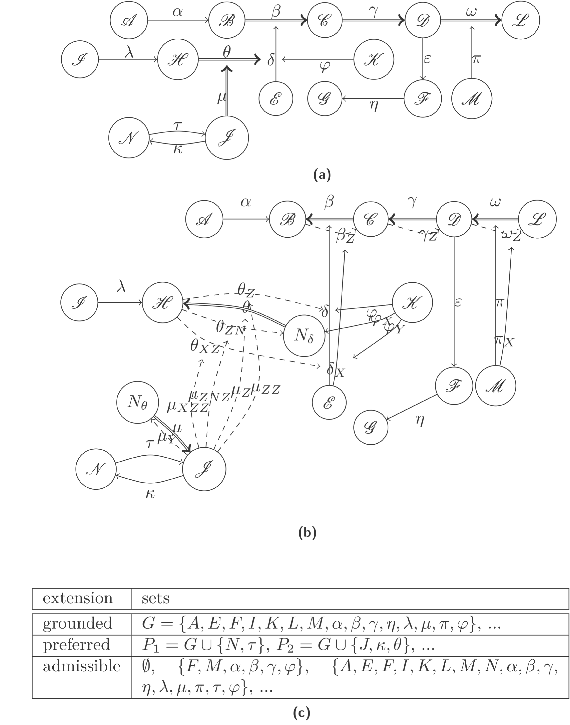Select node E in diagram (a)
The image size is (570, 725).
coord(276,99)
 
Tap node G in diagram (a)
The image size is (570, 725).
coord(324,99)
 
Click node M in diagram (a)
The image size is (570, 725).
coord(472,99)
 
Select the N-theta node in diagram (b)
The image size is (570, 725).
coord(137,403)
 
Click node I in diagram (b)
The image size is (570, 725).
coord(79,303)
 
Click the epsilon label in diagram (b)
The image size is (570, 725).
coord(458,302)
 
